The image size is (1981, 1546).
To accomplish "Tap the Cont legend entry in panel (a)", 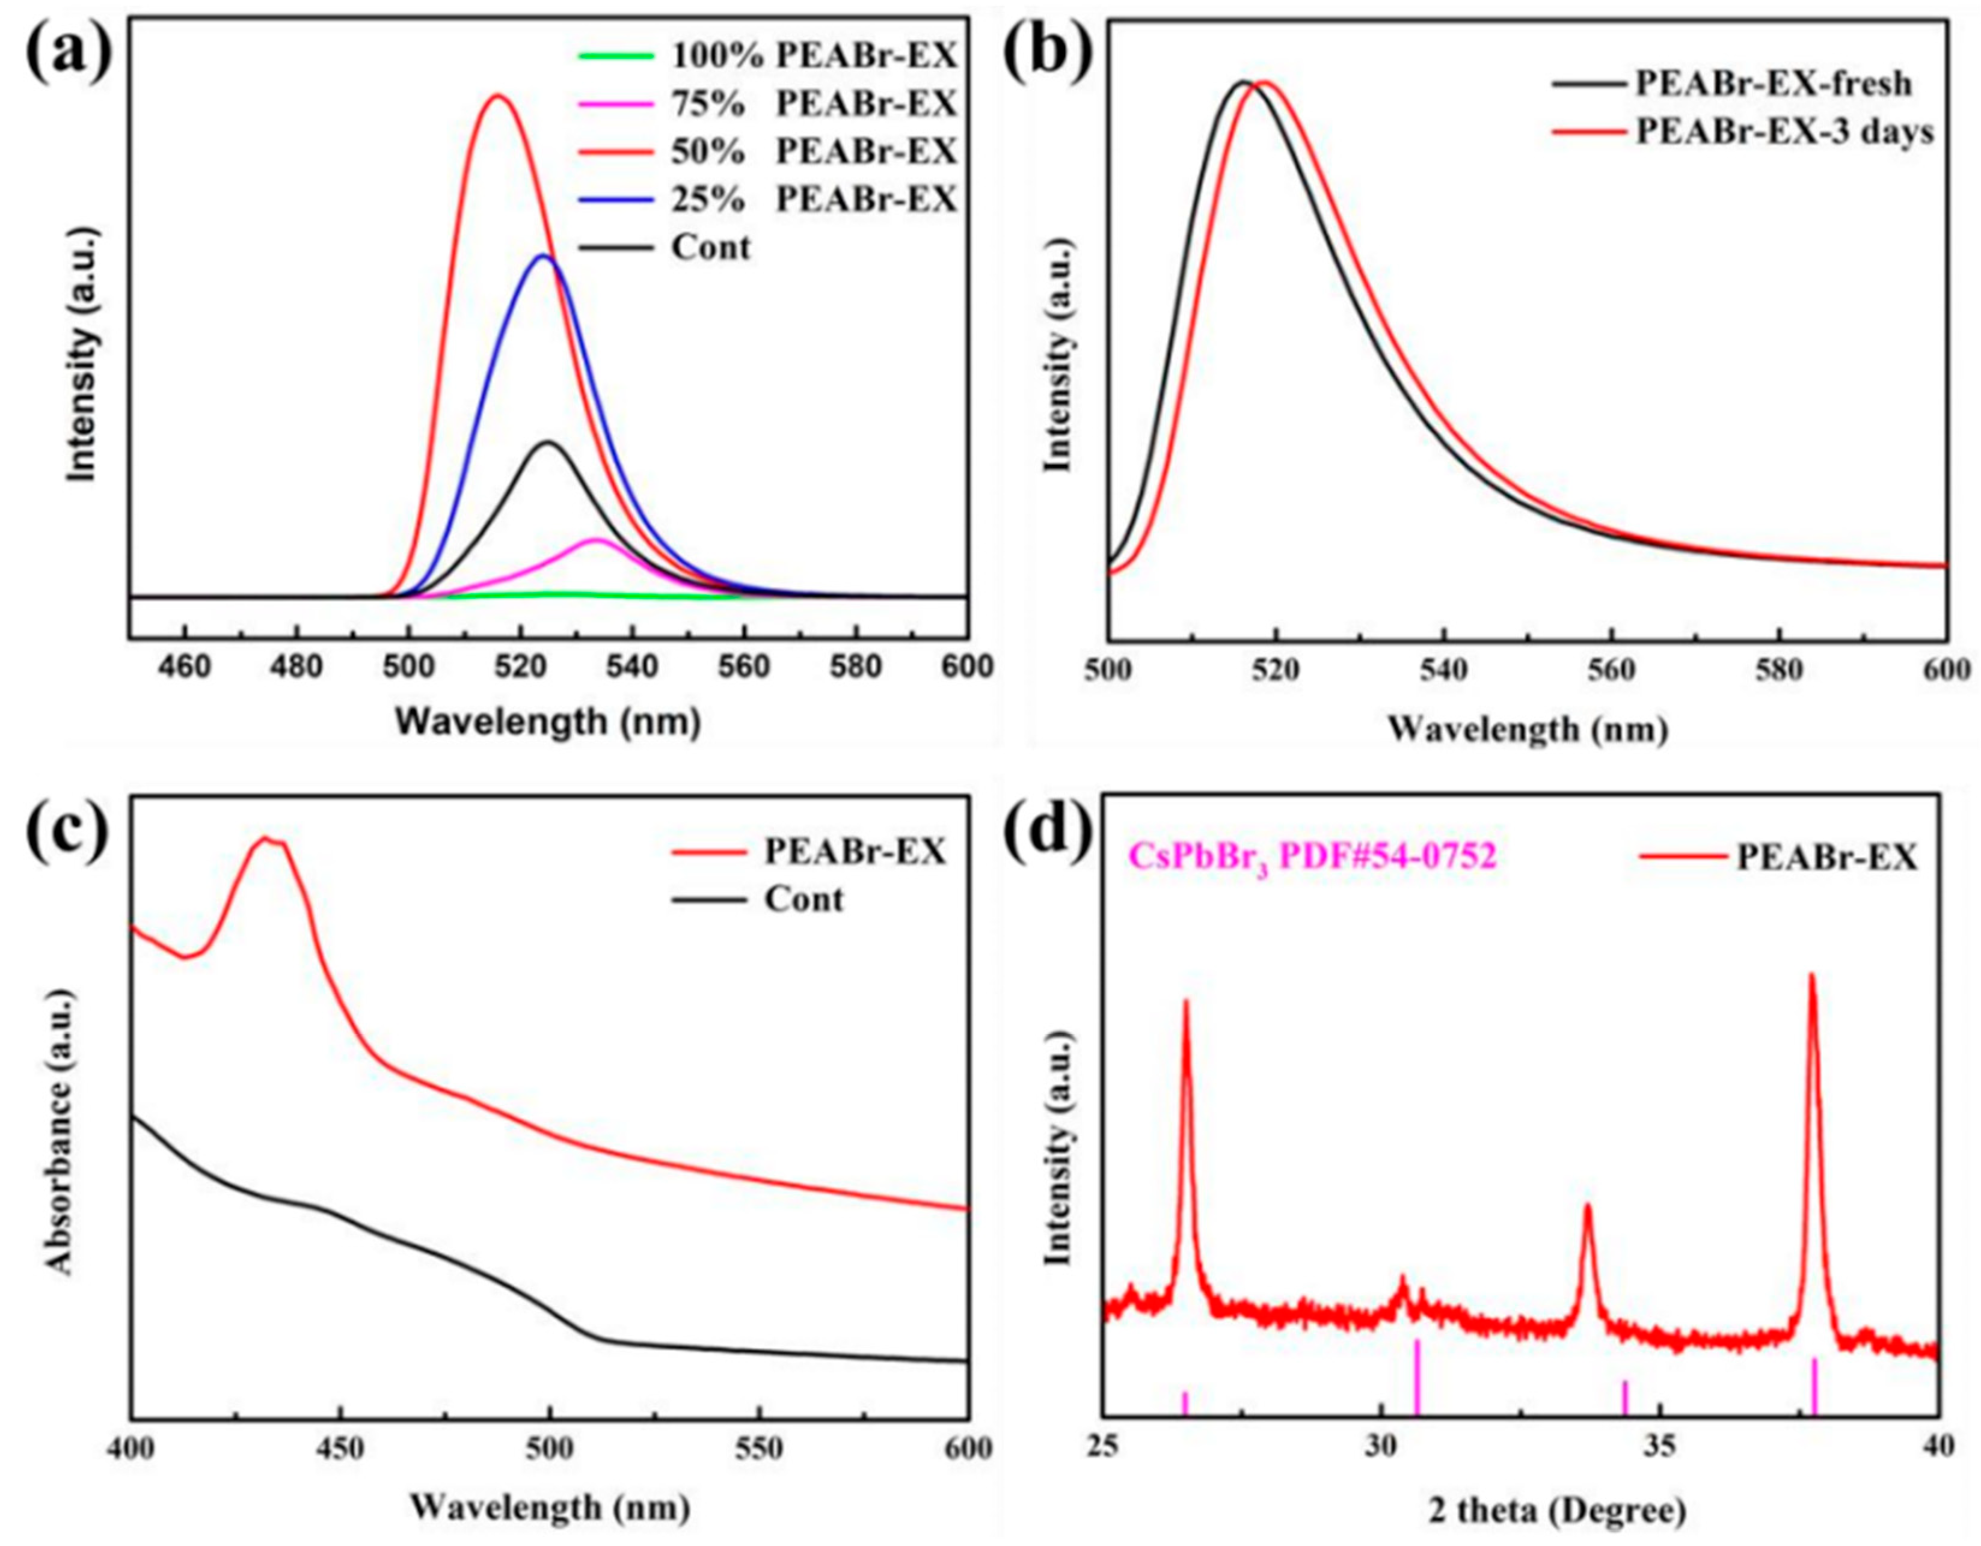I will click(711, 246).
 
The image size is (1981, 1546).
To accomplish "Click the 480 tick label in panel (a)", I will click(296, 667).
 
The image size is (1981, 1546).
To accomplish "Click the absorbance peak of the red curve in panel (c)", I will click(266, 838).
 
